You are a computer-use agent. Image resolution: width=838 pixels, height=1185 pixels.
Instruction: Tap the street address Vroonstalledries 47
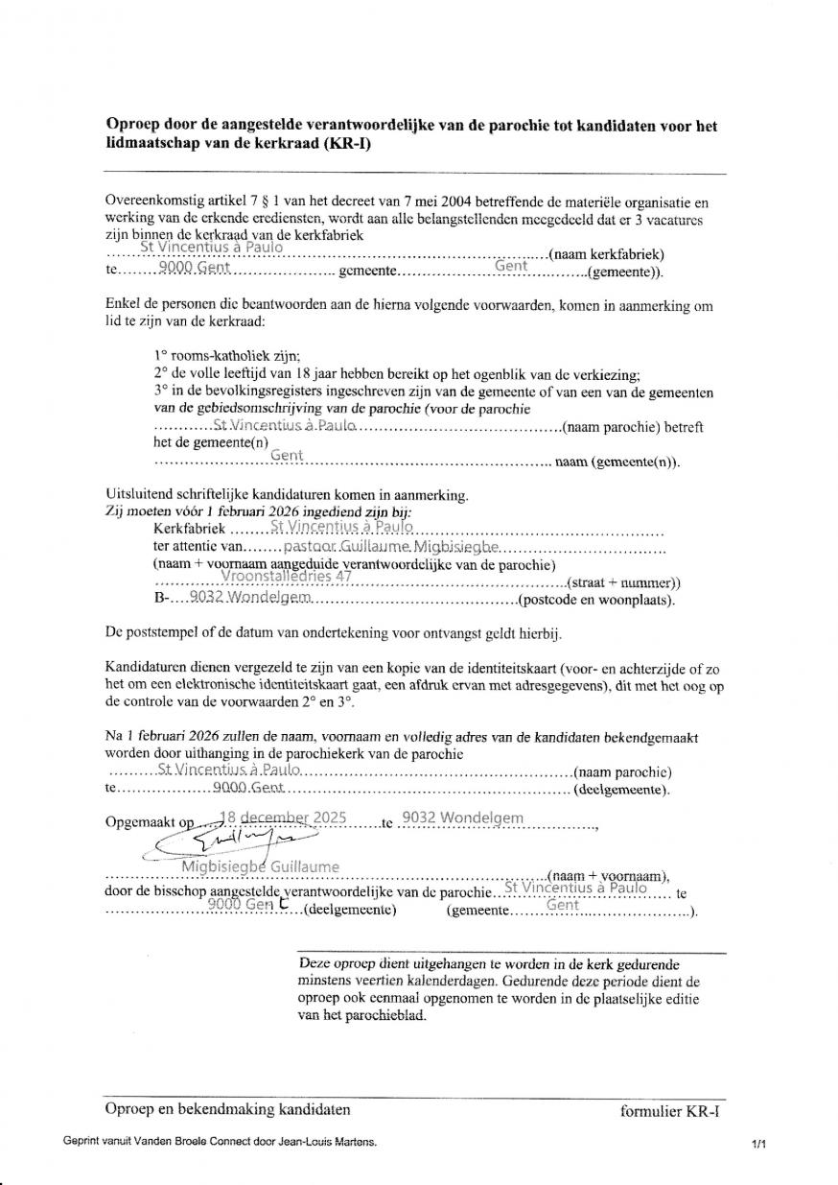pos(287,577)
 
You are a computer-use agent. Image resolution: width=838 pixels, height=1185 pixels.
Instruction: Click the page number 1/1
pos(759,1144)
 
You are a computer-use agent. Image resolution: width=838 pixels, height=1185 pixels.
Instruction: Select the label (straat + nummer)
pos(623,582)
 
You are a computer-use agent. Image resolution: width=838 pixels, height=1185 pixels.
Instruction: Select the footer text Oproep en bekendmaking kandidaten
pos(227,1110)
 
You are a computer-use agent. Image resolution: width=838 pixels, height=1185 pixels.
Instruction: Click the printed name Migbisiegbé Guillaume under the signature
pos(260,867)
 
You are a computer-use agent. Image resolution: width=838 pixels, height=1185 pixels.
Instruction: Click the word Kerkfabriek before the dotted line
pos(189,529)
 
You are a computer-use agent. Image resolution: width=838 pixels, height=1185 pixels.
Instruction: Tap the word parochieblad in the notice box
pos(385,1016)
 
